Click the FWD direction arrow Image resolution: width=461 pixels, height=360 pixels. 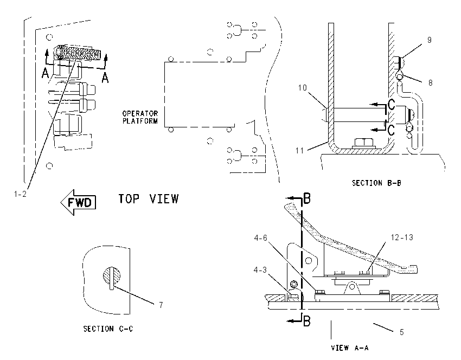[x=79, y=202]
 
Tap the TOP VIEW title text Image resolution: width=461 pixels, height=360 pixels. [x=149, y=199]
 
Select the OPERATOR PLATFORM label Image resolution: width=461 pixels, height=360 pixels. [x=140, y=117]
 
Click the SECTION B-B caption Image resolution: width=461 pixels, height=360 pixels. [x=376, y=183]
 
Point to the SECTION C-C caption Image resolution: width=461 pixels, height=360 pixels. [x=108, y=329]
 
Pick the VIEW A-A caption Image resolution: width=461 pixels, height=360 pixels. [x=350, y=348]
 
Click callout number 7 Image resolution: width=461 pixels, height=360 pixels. [x=161, y=305]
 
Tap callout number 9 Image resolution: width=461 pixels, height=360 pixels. [x=429, y=40]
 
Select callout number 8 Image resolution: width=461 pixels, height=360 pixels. [x=430, y=83]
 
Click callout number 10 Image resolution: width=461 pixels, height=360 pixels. [x=302, y=88]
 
